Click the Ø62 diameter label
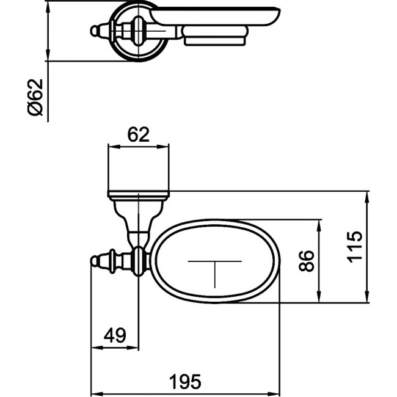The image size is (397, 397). pyautogui.click(x=35, y=97)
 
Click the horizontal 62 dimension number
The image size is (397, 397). pyautogui.click(x=138, y=135)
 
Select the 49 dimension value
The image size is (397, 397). pyautogui.click(x=115, y=335)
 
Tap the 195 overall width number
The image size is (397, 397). pyautogui.click(x=185, y=382)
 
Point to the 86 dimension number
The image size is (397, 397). pyautogui.click(x=307, y=261)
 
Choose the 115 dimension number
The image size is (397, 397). pyautogui.click(x=355, y=247)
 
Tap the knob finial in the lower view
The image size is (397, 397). pyautogui.click(x=95, y=261)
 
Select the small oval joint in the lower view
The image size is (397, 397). pyautogui.click(x=138, y=261)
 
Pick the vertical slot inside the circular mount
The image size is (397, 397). pyautogui.click(x=137, y=31)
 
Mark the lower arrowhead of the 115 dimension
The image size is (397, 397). pyautogui.click(x=366, y=296)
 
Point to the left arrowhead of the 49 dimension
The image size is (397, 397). pyautogui.click(x=97, y=348)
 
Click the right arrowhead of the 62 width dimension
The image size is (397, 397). pyautogui.click(x=163, y=147)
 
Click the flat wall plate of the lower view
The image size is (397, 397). pyautogui.click(x=139, y=194)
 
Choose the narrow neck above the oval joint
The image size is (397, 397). pyautogui.click(x=138, y=237)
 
